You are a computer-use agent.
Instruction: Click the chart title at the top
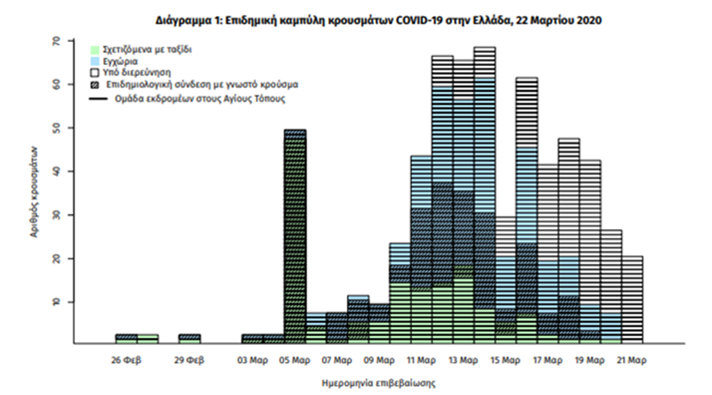(356, 19)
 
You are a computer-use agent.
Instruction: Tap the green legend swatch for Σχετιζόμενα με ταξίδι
(95, 49)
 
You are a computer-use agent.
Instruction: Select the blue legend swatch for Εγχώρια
(95, 60)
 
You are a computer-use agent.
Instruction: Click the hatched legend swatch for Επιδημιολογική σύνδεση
(95, 83)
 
